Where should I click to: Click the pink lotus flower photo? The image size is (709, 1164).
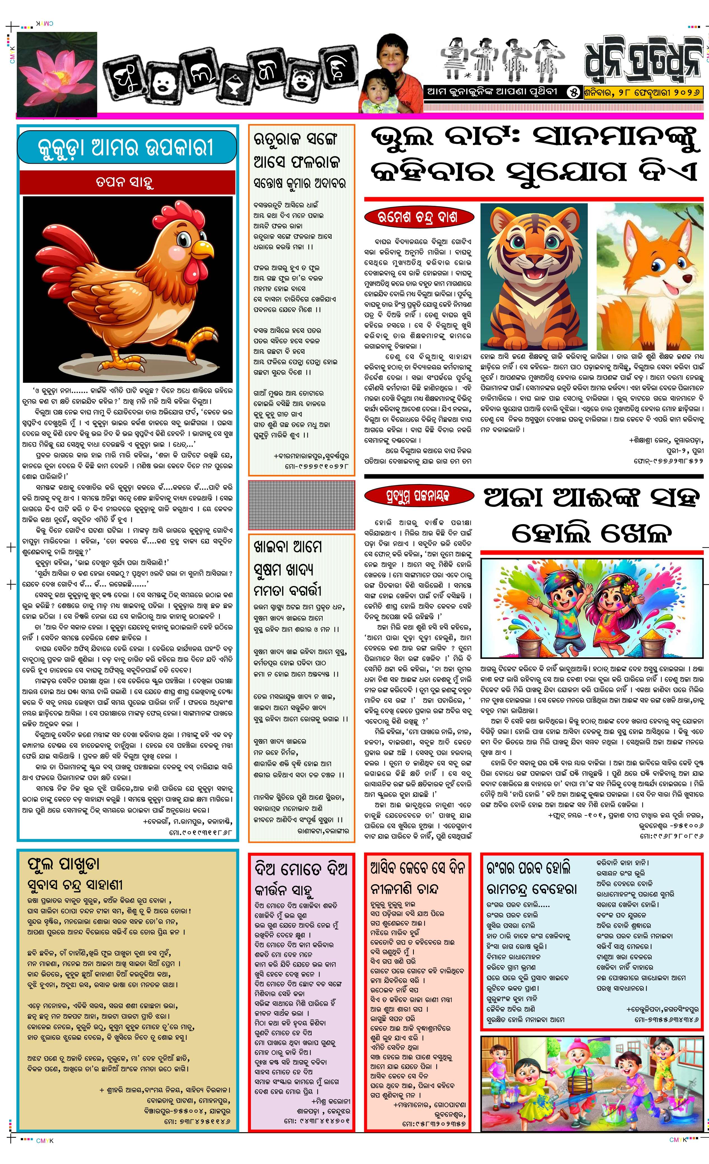[57, 73]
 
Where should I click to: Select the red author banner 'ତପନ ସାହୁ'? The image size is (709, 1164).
[127, 182]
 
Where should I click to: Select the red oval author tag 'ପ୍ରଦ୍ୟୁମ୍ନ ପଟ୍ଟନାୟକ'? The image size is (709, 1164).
[419, 496]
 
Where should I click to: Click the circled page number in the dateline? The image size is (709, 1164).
[574, 92]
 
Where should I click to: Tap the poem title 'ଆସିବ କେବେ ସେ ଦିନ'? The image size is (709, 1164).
[418, 867]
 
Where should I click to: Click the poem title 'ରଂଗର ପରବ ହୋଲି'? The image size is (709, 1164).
[529, 867]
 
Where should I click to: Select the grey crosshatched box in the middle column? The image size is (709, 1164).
[301, 505]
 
